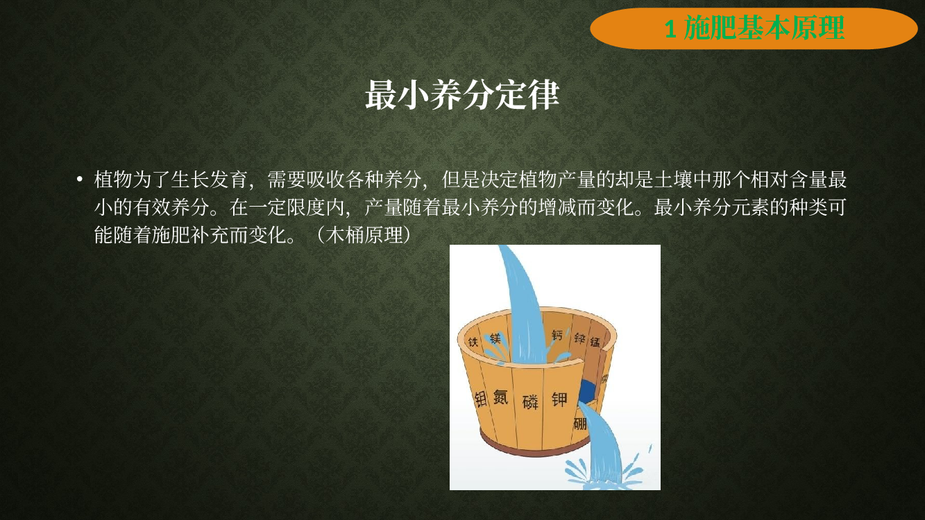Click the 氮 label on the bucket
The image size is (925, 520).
(500, 397)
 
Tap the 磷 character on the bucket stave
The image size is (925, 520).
(530, 401)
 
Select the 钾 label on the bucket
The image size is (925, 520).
(560, 399)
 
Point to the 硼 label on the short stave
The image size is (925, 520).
(580, 423)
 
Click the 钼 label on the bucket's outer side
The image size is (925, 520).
(480, 399)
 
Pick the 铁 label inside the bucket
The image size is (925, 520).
(473, 342)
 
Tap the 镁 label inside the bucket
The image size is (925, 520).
(495, 339)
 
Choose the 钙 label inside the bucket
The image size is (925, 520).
(557, 335)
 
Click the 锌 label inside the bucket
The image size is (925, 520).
(579, 339)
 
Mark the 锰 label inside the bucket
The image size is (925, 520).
(595, 342)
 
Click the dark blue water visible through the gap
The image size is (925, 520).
(586, 391)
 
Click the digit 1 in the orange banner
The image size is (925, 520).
(670, 29)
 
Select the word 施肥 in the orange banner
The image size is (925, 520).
(711, 28)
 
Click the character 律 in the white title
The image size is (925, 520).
(543, 95)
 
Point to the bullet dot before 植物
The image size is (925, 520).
(80, 180)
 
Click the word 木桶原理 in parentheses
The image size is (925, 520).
(364, 235)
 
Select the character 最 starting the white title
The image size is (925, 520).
(381, 95)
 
